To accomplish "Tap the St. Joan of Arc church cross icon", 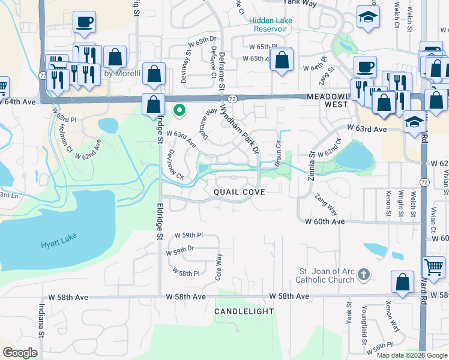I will click(x=363, y=275).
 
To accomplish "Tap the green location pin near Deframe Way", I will click(x=178, y=110).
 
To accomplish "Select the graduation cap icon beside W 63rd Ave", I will click(x=413, y=122).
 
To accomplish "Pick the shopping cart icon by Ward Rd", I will click(x=434, y=266).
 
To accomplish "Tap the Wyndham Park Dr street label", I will click(x=240, y=128).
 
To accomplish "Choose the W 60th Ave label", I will click(x=325, y=221).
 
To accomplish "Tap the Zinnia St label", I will click(x=312, y=161).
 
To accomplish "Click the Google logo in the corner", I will click(x=20, y=352).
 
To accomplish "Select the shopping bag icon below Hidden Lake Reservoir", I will click(x=281, y=60).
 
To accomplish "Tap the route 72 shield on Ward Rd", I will click(x=424, y=181).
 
